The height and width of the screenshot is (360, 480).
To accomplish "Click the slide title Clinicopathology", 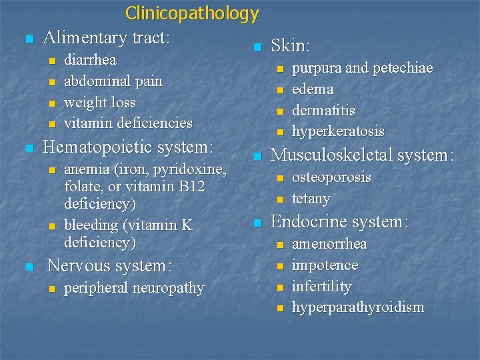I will (192, 13).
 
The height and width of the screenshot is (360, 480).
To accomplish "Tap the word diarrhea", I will (90, 60).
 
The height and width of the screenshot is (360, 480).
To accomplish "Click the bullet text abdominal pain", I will (113, 81).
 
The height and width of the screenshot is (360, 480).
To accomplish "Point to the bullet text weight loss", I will (100, 103).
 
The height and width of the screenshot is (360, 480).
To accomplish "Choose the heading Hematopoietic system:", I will (128, 146).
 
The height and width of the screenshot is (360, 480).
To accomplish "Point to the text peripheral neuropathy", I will (134, 288).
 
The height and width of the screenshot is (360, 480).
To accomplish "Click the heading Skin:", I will (291, 46).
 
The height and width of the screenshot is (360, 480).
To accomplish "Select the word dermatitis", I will (324, 111).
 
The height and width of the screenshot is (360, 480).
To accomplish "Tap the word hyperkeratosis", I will (339, 132).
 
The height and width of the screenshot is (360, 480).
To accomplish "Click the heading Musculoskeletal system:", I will (362, 155).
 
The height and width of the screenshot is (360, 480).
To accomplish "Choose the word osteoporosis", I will (331, 177).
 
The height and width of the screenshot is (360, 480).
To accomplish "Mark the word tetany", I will (311, 199).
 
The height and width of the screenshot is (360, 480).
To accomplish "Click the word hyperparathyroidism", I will (358, 308).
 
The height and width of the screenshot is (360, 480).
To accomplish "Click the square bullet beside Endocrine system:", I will (257, 223).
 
